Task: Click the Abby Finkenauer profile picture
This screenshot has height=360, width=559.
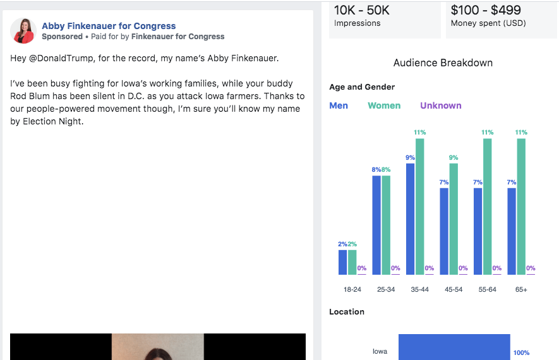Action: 23,31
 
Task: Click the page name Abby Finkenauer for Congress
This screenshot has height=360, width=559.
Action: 109,26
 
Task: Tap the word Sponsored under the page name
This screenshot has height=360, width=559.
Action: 62,37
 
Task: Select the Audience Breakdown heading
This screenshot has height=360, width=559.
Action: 443,63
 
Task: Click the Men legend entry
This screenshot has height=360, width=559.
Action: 339,105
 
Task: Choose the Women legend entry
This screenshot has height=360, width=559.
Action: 384,105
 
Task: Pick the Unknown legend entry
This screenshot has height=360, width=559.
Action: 440,105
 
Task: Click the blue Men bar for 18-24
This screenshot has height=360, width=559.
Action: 342,262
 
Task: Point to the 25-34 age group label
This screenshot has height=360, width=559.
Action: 386,289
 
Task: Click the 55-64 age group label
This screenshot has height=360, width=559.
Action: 487,289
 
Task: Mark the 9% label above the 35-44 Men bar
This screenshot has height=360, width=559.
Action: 410,158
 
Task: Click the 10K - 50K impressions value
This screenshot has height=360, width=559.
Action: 362,10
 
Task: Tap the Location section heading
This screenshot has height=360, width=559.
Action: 347,311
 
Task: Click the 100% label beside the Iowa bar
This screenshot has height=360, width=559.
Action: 521,352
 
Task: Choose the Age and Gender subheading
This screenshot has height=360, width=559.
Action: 362,87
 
